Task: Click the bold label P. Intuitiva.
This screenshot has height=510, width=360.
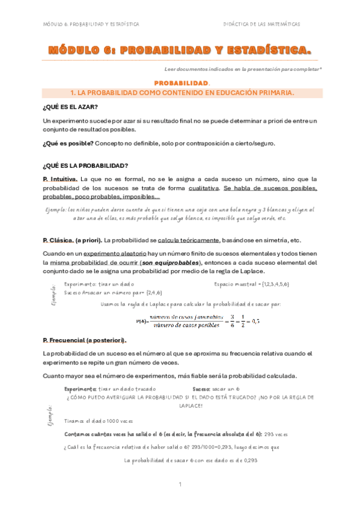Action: tap(60, 179)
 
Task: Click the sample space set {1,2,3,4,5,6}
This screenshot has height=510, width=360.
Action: tap(270, 283)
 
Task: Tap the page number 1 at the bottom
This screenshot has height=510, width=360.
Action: tap(179, 485)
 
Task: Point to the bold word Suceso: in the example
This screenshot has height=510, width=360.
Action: tap(203, 389)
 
